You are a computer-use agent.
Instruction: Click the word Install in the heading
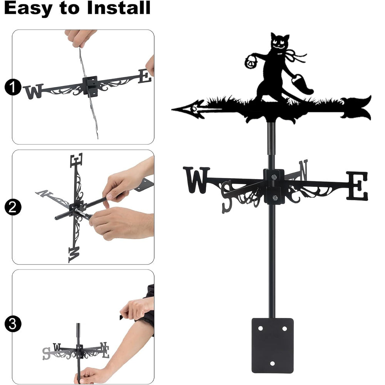(119, 8)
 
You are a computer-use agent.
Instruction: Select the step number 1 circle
(13, 87)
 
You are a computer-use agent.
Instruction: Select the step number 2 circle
(13, 207)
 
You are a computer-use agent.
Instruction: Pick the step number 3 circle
(13, 324)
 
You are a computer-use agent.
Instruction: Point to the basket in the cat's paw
(251, 62)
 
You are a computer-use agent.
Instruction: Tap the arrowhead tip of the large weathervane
(172, 109)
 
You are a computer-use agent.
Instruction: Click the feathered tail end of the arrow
(357, 108)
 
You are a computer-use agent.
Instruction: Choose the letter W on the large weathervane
(196, 180)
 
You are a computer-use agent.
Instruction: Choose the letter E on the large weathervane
(358, 186)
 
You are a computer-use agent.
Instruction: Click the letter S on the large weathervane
(227, 197)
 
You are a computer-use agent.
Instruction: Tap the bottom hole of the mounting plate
(272, 363)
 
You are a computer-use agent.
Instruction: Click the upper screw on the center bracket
(274, 177)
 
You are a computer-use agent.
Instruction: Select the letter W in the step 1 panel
(34, 91)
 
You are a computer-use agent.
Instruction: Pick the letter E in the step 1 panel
(145, 76)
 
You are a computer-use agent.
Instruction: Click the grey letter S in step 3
(46, 353)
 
